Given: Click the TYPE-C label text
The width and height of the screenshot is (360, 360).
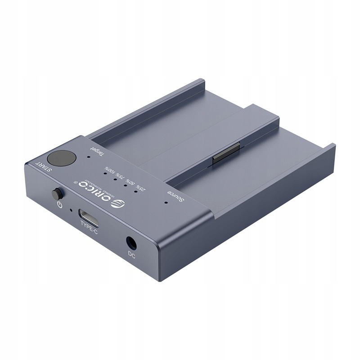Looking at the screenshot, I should click(x=89, y=231).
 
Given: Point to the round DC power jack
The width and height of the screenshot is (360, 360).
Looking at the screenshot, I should click(x=131, y=243).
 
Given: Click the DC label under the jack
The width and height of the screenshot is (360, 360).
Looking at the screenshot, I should click(x=132, y=255).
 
